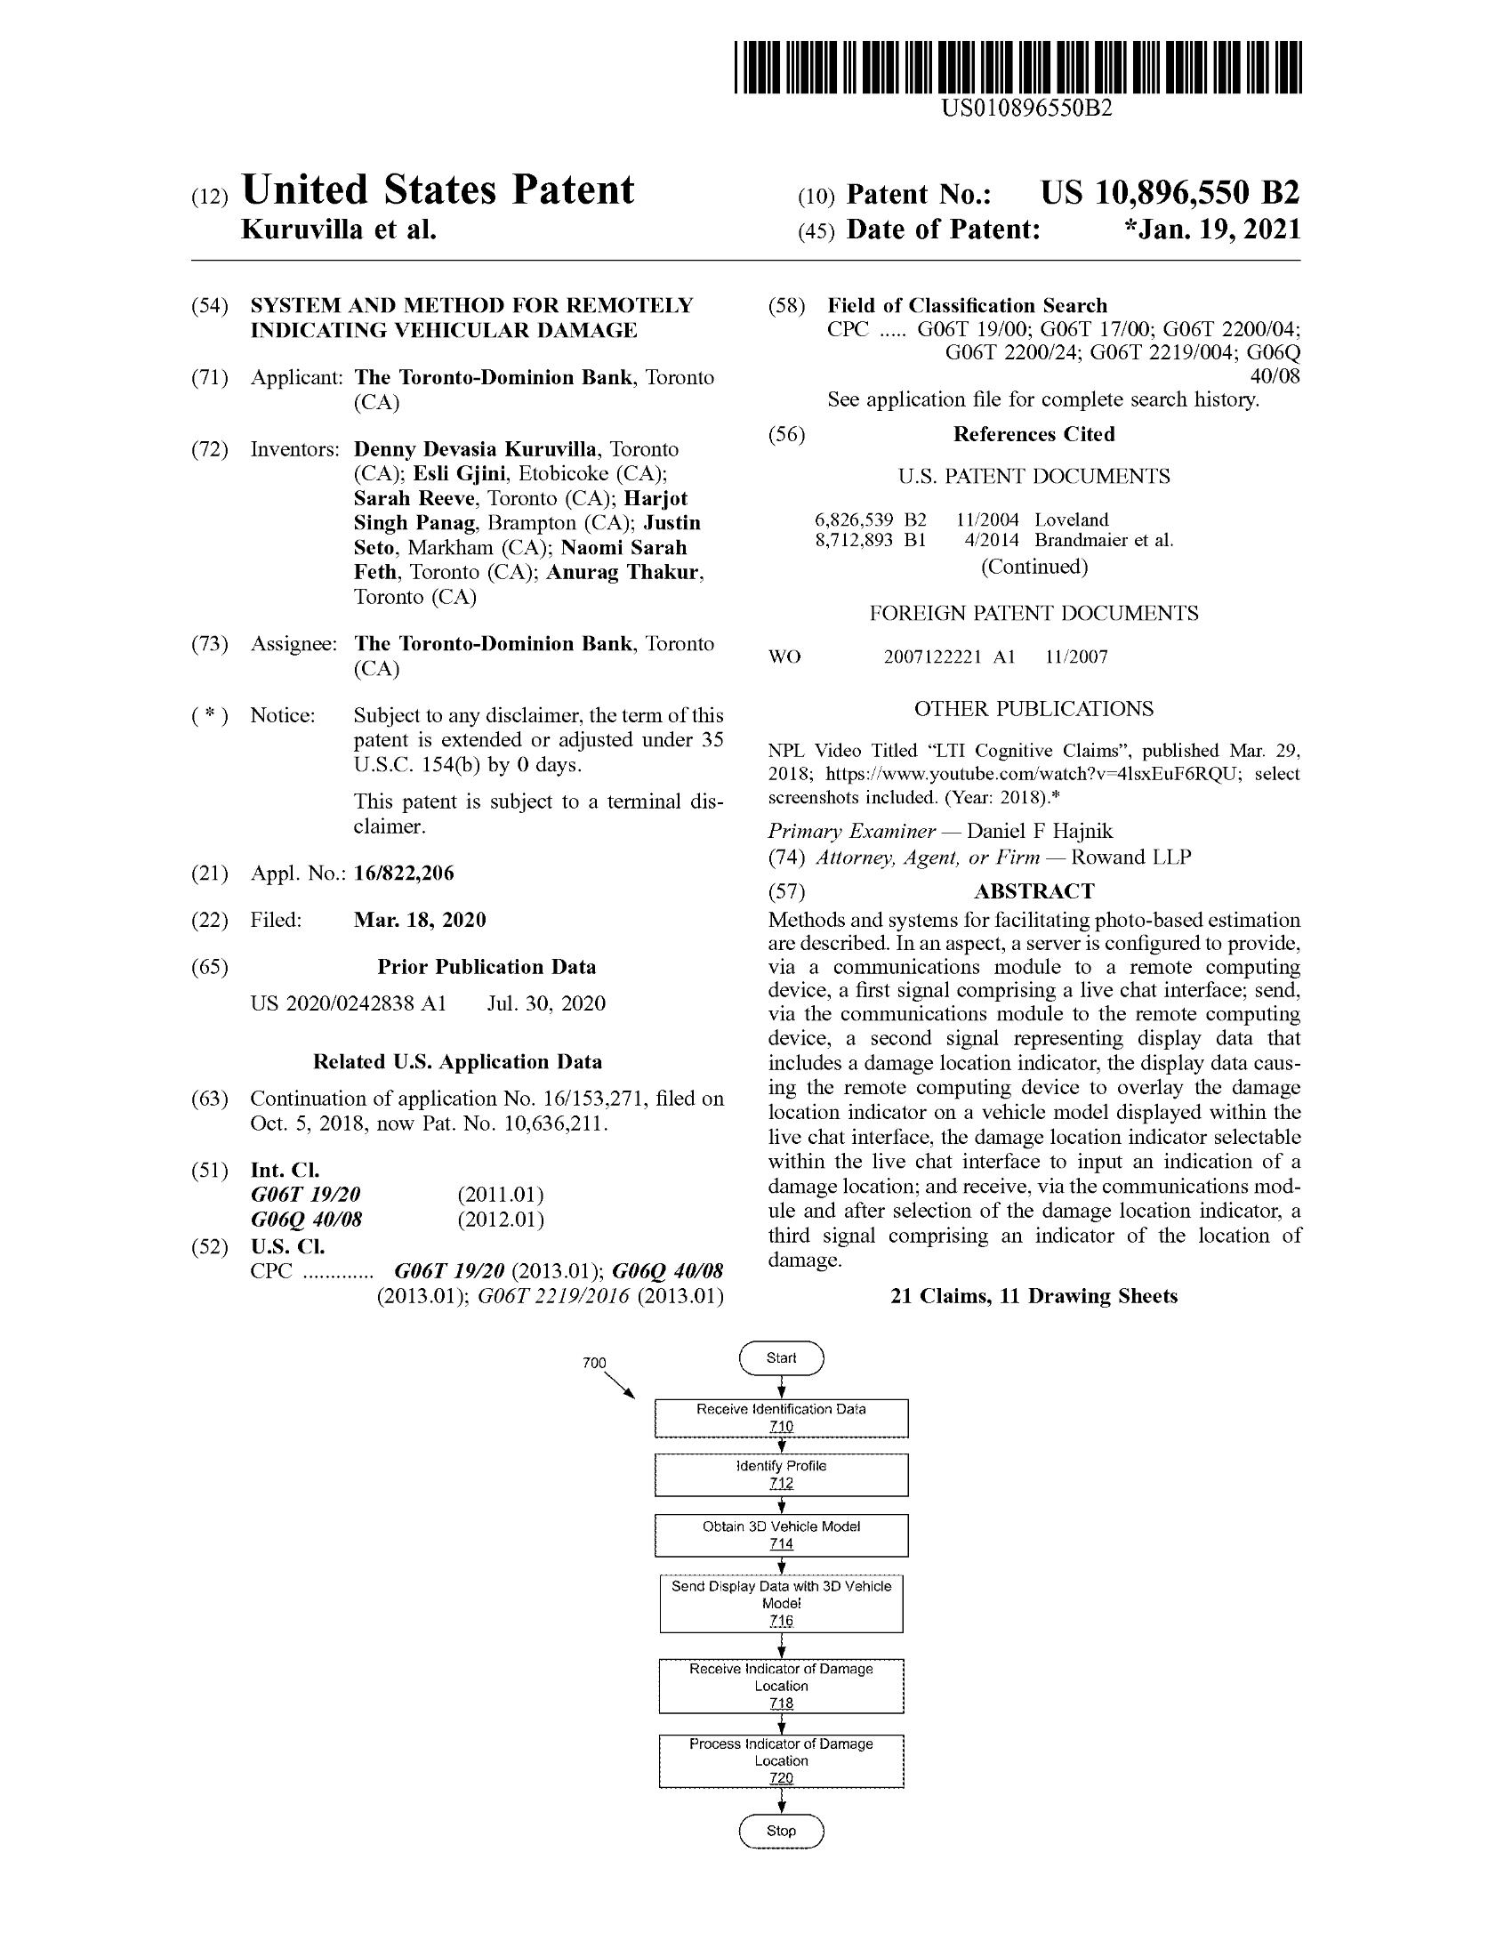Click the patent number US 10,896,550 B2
[1169, 194]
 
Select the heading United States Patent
[438, 191]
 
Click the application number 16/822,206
[404, 873]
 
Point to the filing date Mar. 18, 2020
[420, 921]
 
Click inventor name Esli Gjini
[460, 473]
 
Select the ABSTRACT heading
[1033, 890]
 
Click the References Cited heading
[1033, 435]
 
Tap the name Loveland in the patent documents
[1072, 519]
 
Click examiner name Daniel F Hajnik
[1040, 832]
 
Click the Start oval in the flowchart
[781, 1358]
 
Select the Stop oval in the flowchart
[781, 1832]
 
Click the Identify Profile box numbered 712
[781, 1475]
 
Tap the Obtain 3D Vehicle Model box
[781, 1535]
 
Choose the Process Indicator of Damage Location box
[781, 1760]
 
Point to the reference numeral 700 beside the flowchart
[594, 1364]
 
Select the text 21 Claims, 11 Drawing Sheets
[1033, 1297]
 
